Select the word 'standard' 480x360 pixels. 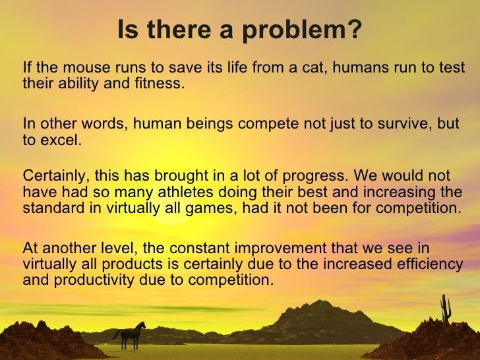pos(50,208)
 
